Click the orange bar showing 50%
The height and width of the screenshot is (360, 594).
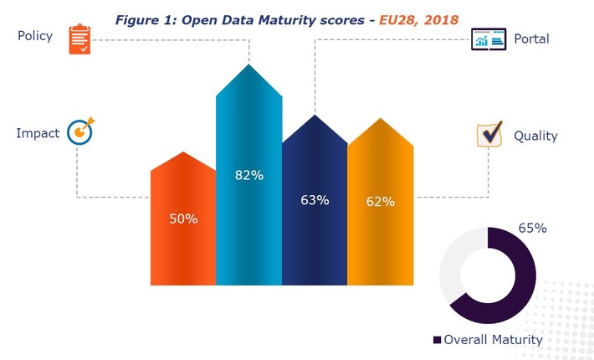click(183, 243)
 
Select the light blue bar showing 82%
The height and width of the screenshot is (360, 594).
click(248, 218)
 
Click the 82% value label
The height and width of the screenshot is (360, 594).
click(249, 175)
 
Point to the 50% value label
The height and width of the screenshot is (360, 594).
click(183, 219)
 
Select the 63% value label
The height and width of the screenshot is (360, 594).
click(315, 200)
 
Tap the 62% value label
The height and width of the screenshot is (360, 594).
click(381, 201)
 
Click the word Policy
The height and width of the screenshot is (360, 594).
click(34, 36)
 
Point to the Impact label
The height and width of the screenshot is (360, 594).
click(37, 132)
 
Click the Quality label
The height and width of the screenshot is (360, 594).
click(535, 136)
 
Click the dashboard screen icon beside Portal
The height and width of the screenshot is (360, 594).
click(489, 39)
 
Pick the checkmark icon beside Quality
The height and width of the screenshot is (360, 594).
click(489, 134)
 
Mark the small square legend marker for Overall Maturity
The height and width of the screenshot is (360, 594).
click(437, 340)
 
